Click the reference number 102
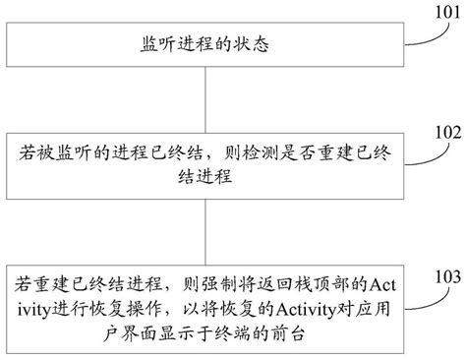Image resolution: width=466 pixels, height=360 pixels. [445, 130]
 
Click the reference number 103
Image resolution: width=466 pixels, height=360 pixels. [445, 274]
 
